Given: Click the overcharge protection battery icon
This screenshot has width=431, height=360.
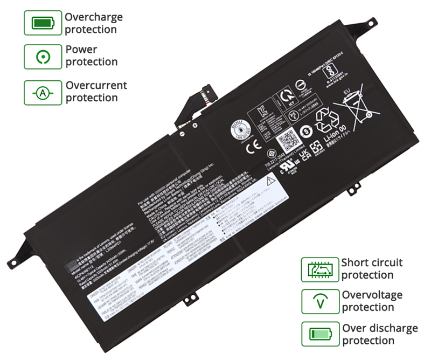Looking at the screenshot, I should tap(43, 23).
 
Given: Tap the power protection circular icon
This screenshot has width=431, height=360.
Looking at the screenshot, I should tap(43, 56).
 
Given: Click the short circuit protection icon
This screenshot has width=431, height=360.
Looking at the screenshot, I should tap(319, 268).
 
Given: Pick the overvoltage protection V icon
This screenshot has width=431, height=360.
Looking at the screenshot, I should tap(319, 301).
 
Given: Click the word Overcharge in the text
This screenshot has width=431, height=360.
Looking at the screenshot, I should tap(94, 17).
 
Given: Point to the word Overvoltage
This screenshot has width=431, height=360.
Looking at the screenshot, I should tap(372, 295).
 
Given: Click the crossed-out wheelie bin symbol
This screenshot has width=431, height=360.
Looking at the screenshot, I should tap(356, 108).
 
